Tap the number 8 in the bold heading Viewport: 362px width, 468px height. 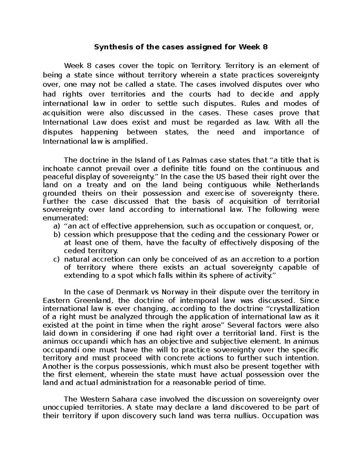pos(265,47)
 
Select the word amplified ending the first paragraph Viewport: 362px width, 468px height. pos(133,141)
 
